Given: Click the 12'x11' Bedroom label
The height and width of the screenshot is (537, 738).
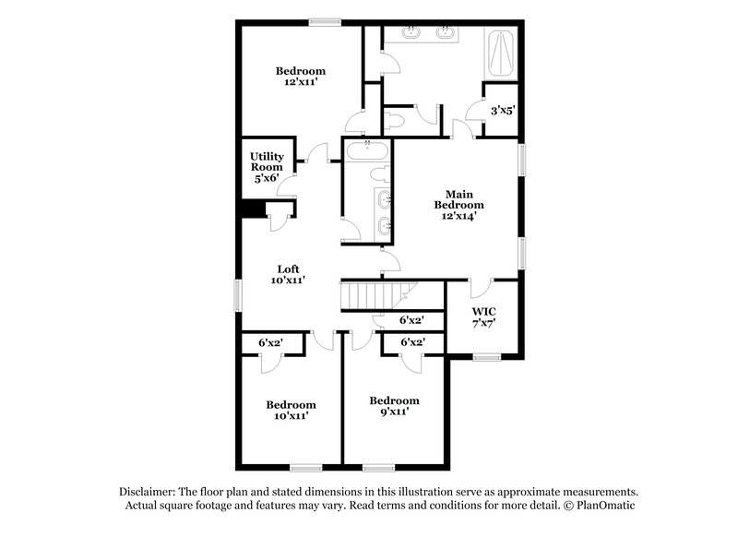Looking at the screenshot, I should (301, 77).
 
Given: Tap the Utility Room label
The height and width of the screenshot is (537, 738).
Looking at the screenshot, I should (267, 167).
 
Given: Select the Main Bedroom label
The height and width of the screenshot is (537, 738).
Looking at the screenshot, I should (458, 205).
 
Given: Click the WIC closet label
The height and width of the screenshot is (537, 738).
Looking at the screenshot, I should (484, 318).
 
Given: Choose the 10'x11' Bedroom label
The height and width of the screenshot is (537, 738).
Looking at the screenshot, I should (291, 410).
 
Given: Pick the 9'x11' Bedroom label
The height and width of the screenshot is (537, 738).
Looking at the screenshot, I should (394, 406).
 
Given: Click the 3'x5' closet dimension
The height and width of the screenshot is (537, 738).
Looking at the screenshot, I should (502, 111).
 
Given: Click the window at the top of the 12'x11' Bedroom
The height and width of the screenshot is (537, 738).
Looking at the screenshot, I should (324, 22).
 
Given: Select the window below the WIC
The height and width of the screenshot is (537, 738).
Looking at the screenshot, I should (485, 355).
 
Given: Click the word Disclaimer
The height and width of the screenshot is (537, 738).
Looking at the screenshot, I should (149, 493).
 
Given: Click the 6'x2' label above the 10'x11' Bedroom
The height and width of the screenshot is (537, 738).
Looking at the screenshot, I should (270, 343).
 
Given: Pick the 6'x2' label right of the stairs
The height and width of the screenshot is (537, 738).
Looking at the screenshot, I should (411, 320).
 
